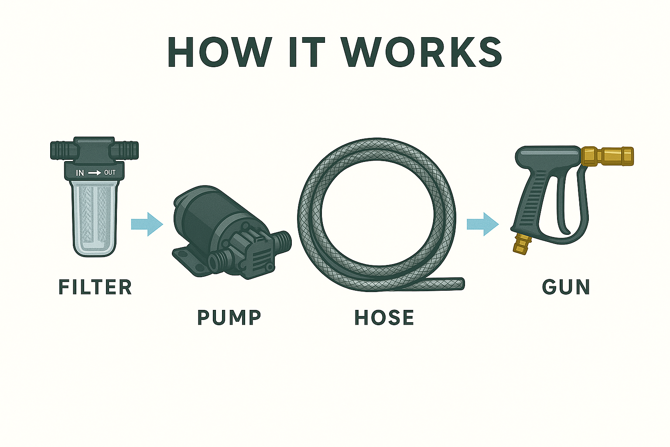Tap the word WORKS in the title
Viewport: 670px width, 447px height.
[x=421, y=52]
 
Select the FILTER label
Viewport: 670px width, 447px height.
[x=95, y=287]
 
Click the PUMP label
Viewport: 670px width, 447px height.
[x=229, y=317]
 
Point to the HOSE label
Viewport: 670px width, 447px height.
[x=384, y=317]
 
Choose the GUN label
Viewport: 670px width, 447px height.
[x=566, y=287]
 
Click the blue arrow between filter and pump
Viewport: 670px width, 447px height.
[x=147, y=224]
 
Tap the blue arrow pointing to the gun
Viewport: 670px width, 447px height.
[x=482, y=224]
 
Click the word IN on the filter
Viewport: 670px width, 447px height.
[x=80, y=173]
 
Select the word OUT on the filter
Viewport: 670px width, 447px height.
[x=110, y=173]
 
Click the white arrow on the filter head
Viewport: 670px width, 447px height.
[x=94, y=173]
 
